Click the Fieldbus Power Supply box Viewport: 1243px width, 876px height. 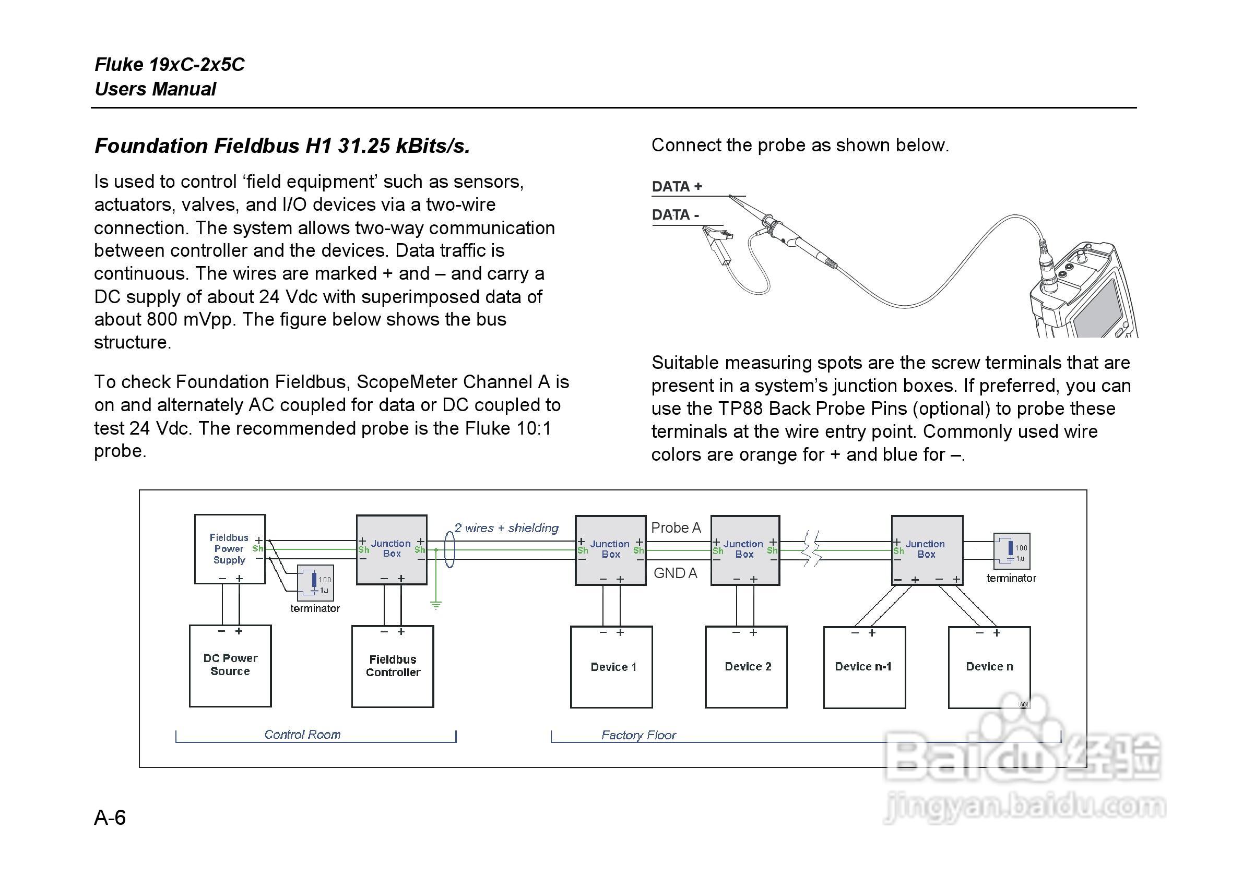(230, 549)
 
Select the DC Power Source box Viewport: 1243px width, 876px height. (230, 666)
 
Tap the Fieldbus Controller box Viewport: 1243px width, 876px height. (393, 666)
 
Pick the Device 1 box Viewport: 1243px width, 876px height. (611, 667)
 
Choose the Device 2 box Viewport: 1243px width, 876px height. (746, 667)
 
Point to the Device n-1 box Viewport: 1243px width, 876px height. (864, 667)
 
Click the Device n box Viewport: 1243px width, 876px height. (989, 667)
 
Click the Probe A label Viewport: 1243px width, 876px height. (676, 527)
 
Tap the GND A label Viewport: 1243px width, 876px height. (675, 573)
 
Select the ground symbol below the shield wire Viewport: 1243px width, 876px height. (436, 604)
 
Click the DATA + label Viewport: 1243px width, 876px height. (677, 187)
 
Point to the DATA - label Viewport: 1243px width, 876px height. (675, 215)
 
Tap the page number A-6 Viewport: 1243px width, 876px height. (110, 817)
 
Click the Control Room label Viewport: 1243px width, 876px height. (302, 734)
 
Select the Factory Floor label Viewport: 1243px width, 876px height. (638, 735)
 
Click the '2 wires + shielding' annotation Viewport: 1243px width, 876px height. (506, 528)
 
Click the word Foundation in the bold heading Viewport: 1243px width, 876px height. (151, 146)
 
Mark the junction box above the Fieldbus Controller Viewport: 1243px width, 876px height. (392, 549)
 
